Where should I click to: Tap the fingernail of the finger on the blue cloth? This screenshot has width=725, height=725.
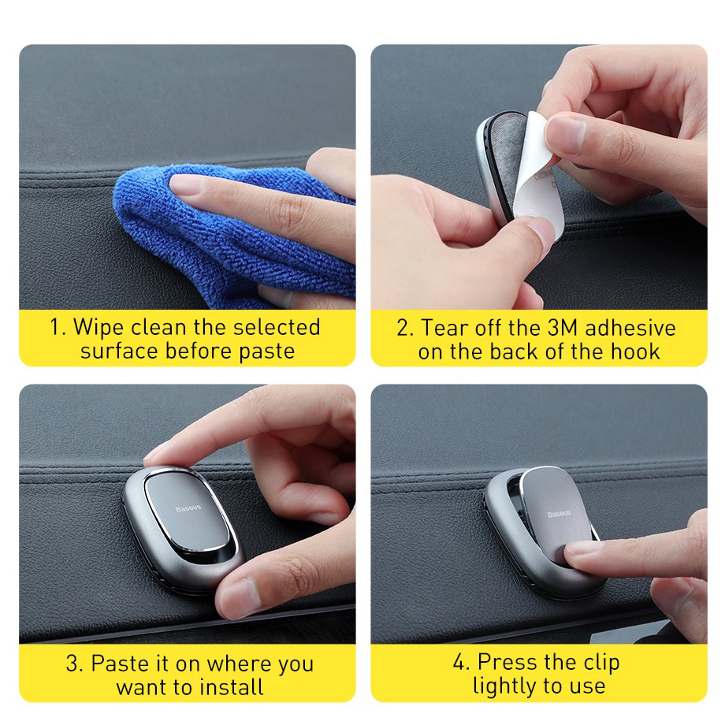coord(186,185)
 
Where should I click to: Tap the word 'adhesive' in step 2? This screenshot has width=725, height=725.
coord(630,328)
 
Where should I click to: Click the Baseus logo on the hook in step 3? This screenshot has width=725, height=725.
coord(188,508)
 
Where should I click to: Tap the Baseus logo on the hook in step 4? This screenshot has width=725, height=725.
coord(559,514)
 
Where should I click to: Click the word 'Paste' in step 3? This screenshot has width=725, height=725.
coord(119,664)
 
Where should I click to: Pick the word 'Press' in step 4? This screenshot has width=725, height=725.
coord(504,662)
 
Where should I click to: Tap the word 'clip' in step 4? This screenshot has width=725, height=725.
coord(601,664)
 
